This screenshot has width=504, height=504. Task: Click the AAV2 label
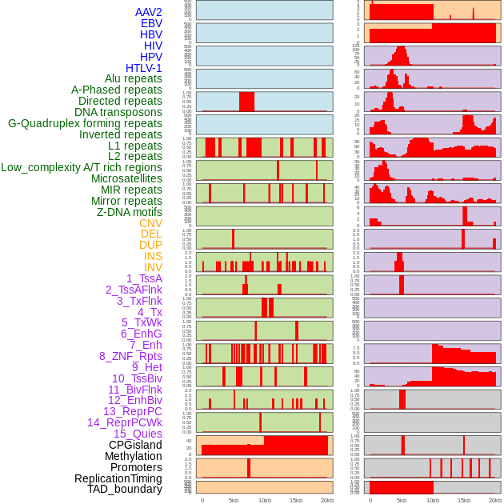[x=148, y=12]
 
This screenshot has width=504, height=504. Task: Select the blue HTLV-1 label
[x=143, y=68]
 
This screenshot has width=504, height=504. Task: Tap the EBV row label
[x=151, y=23]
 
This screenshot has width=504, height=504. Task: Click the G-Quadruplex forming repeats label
[x=85, y=123]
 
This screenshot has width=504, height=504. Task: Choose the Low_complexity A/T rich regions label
[x=81, y=167]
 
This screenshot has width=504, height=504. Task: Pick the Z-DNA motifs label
[x=129, y=212]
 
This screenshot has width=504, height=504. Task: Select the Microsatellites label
[x=126, y=178]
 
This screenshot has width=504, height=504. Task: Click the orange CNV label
[x=150, y=223]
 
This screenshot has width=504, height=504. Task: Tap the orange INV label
[x=153, y=267]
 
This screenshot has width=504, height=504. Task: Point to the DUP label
[x=150, y=245]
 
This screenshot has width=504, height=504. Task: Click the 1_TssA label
[x=144, y=278]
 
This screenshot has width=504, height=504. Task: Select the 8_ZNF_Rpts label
[x=130, y=356]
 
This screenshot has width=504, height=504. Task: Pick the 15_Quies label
[x=138, y=434]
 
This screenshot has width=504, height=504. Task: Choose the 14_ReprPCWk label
[x=124, y=422]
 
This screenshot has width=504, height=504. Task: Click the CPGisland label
[x=135, y=445]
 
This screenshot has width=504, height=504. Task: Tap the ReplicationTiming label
[x=118, y=478]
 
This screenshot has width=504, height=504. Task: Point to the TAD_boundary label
[x=124, y=489]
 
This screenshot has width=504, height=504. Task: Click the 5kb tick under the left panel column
[x=234, y=500]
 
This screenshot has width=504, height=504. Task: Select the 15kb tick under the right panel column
[x=464, y=500]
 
